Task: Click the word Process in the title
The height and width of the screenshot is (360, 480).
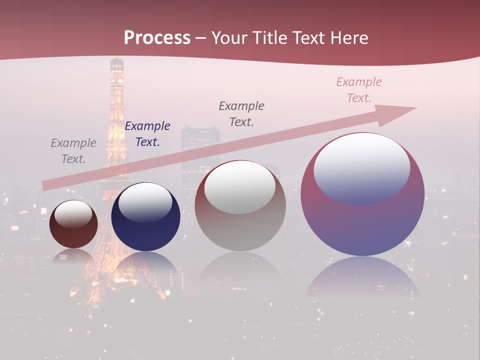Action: (157, 38)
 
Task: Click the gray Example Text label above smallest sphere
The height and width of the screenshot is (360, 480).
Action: (73, 151)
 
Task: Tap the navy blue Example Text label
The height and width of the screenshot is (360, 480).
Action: (147, 134)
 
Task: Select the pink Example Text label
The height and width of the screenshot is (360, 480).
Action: (359, 90)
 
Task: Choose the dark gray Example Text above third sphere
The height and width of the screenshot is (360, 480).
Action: (241, 113)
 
